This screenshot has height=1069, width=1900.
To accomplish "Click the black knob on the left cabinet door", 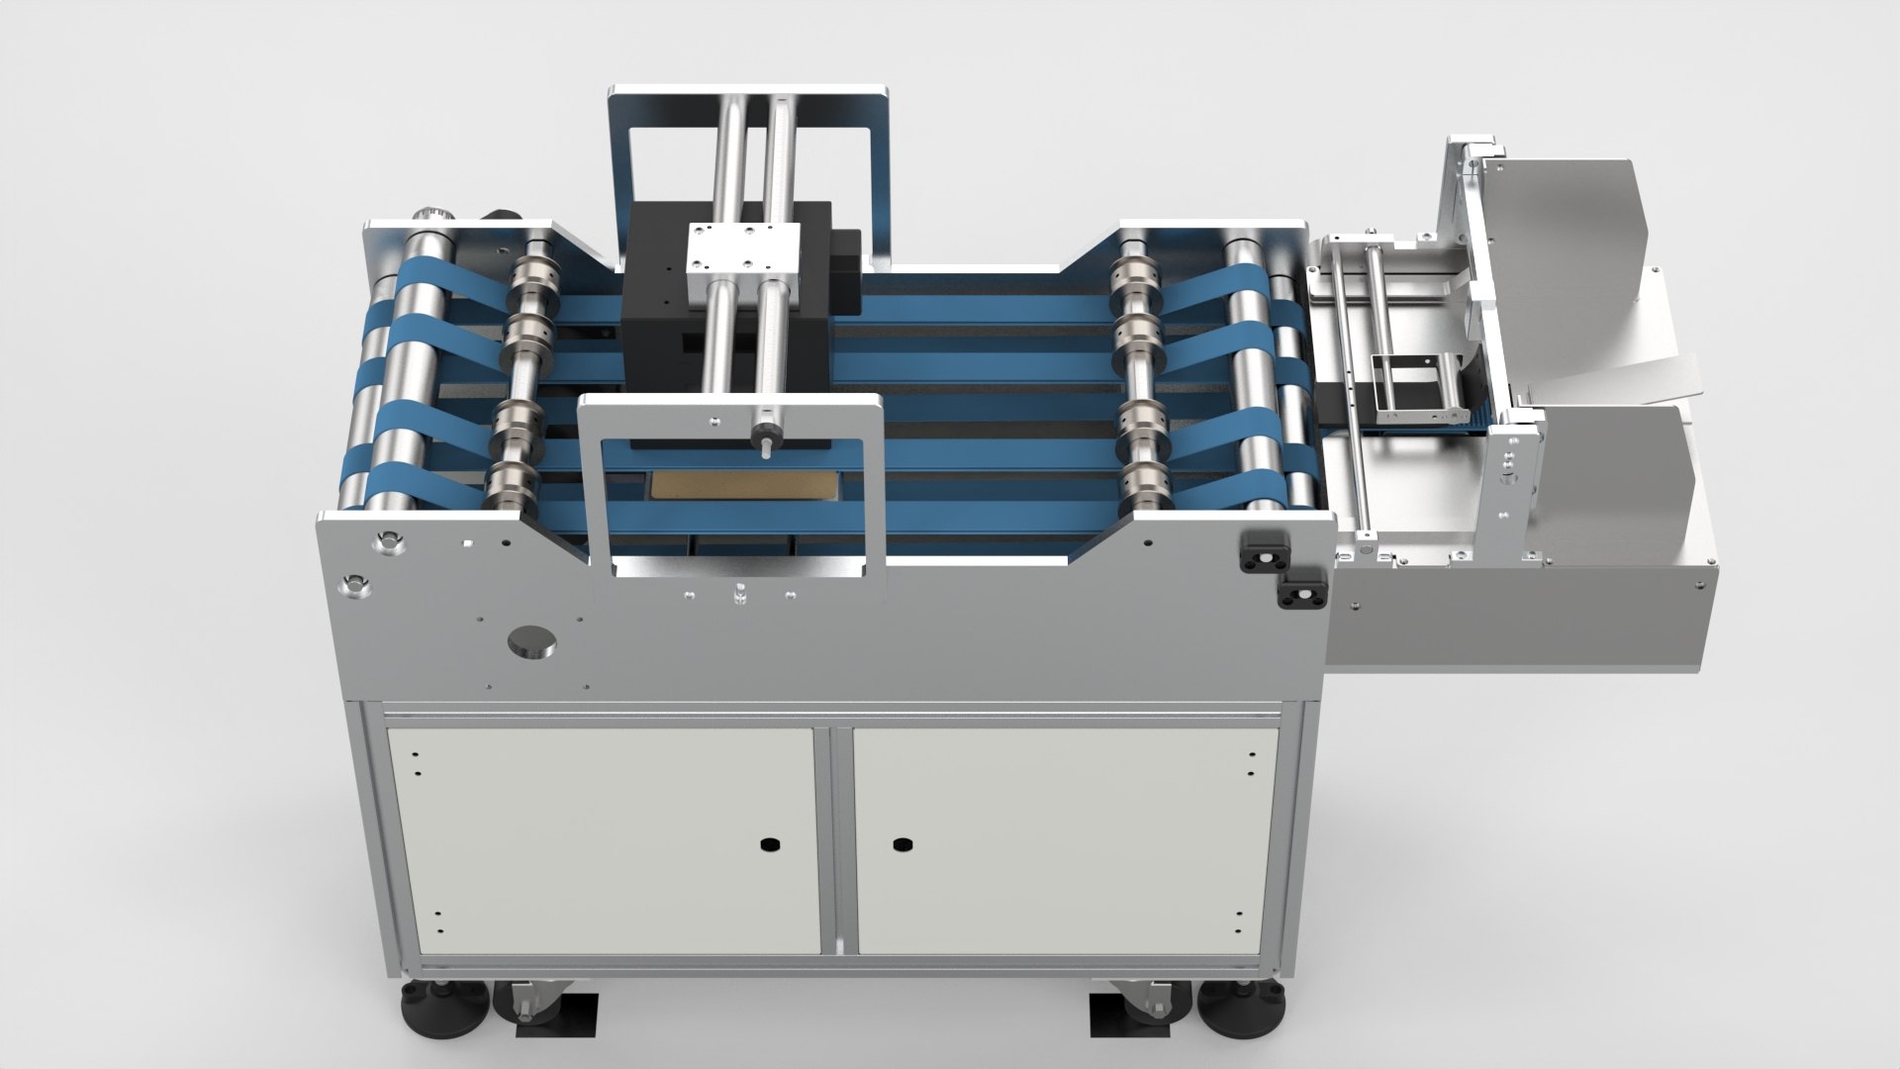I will click(x=767, y=844).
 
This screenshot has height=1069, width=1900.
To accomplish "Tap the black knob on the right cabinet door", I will click(x=901, y=844).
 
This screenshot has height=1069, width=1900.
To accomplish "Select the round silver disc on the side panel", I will click(x=531, y=641).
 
